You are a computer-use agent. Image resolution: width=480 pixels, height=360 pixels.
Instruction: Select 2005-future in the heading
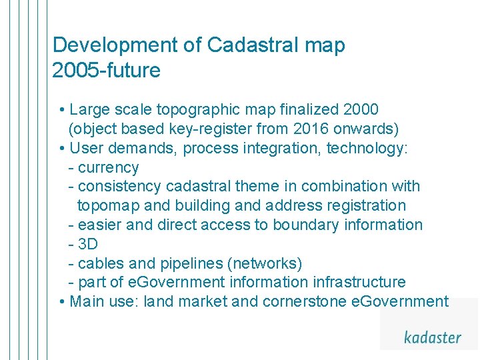click(x=106, y=71)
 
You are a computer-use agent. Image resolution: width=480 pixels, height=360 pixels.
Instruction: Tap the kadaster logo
click(x=432, y=337)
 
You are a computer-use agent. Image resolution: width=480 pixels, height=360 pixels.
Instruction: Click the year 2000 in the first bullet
click(x=361, y=109)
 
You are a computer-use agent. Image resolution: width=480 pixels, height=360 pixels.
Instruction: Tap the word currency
click(x=108, y=167)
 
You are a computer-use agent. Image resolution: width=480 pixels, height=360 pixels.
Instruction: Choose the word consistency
click(x=119, y=187)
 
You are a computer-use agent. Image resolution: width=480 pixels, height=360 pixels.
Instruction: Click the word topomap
click(x=106, y=205)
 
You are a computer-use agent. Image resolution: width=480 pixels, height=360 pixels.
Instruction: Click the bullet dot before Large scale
click(x=61, y=109)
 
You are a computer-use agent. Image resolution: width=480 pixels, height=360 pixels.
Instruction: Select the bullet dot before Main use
click(x=61, y=301)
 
